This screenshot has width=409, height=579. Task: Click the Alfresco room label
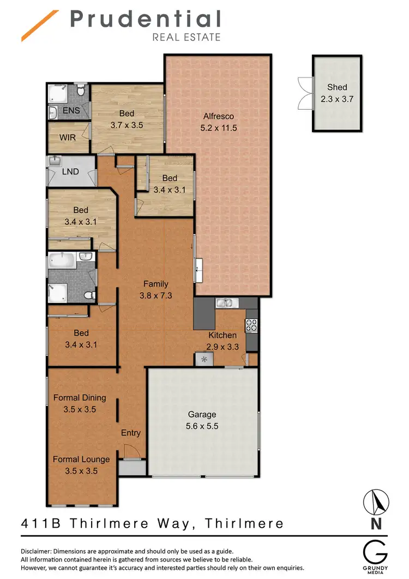218,116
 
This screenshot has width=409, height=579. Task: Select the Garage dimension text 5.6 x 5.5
202,426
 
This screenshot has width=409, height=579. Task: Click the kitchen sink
224,303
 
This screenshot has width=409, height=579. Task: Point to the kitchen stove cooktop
252,325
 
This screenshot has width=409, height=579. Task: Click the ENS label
71,111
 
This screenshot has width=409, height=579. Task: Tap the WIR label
68,138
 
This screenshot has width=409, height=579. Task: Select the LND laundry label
70,171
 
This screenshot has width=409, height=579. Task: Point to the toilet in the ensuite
81,92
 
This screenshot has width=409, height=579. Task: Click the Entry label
131,433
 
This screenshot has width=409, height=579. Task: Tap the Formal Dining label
80,398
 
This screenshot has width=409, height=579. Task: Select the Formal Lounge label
81,459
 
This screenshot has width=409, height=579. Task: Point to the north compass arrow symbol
376,501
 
